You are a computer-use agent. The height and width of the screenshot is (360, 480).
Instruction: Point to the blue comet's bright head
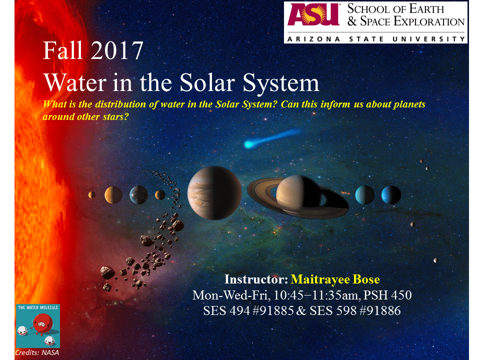pyautogui.click(x=248, y=144)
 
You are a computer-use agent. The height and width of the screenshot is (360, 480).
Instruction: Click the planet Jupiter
pyautogui.click(x=214, y=192)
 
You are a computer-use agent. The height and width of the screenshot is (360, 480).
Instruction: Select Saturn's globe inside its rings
pyautogui.click(x=298, y=194)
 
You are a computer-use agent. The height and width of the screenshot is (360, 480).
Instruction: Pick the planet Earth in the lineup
pyautogui.click(x=138, y=194)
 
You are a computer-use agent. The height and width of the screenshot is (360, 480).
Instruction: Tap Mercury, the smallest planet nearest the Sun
pyautogui.click(x=91, y=195)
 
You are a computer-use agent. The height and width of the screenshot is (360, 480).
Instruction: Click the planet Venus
pyautogui.click(x=113, y=194)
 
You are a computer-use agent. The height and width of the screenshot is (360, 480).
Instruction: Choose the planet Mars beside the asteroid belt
pyautogui.click(x=160, y=194)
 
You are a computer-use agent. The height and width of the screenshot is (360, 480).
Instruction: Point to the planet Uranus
pyautogui.click(x=364, y=194)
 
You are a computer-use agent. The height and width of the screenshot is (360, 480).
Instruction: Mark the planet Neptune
pyautogui.click(x=391, y=194)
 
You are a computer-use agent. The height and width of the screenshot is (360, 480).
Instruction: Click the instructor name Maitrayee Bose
pyautogui.click(x=337, y=279)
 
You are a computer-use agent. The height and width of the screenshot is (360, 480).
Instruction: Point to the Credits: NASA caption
pyautogui.click(x=36, y=353)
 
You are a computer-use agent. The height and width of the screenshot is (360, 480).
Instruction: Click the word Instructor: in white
pyautogui.click(x=256, y=279)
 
